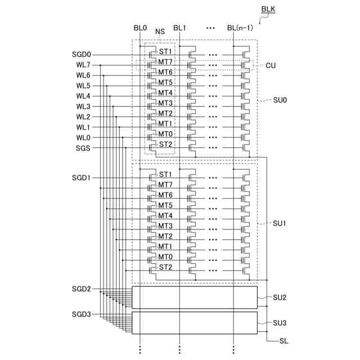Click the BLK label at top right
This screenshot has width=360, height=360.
[269, 10]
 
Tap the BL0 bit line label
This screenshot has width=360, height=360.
[140, 28]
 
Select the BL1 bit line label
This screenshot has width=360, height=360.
[179, 28]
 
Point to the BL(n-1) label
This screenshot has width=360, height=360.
[240, 28]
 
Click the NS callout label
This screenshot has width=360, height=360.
[160, 31]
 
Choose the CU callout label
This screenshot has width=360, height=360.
[271, 65]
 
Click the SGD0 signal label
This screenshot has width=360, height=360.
[82, 55]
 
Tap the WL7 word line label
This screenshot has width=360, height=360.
[83, 65]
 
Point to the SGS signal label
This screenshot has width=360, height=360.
[83, 148]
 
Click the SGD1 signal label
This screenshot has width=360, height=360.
[82, 178]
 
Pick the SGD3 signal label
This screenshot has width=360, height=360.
[82, 314]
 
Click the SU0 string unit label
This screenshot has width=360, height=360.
[280, 100]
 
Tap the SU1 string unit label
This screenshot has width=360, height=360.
[280, 223]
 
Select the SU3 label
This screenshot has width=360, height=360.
[280, 323]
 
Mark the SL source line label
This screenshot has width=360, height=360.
[284, 341]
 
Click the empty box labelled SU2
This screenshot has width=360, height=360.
[195, 298]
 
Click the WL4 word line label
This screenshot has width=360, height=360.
[83, 96]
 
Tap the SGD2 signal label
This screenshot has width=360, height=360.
[82, 289]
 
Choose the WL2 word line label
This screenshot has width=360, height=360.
[83, 117]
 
